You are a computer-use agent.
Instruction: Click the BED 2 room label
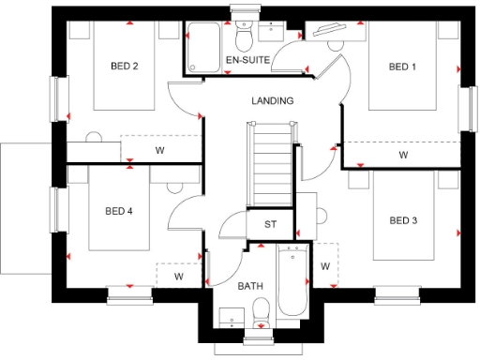125,67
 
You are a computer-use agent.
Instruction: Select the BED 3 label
404,220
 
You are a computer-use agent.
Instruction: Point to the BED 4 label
118,212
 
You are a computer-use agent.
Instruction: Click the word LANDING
273,100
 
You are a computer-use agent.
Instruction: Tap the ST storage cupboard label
271,224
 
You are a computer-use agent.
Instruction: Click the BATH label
249,285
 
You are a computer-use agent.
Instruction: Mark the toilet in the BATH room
262,310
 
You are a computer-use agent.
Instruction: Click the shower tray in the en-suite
203,44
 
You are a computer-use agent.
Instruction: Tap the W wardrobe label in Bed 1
403,155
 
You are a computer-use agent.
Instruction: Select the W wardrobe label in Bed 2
159,149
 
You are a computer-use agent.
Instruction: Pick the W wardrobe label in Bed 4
178,277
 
